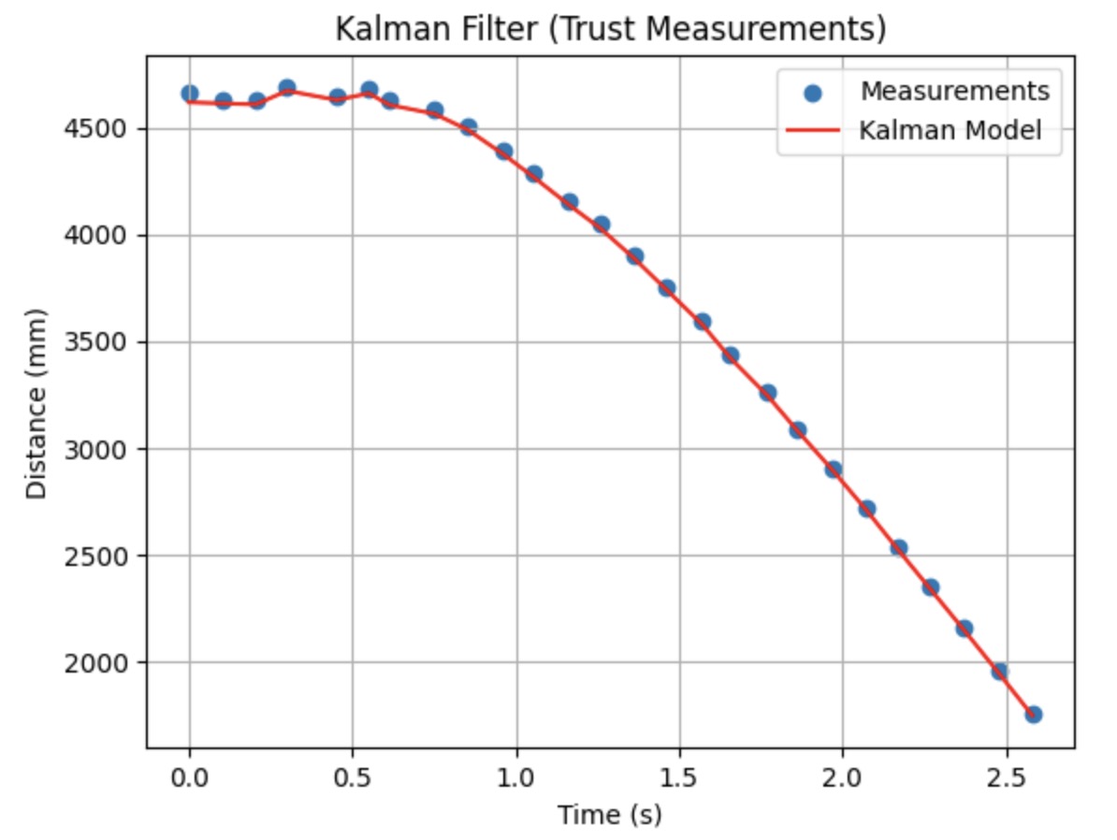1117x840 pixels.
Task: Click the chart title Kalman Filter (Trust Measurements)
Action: pos(610,30)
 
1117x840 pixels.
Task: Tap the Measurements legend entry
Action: pos(954,92)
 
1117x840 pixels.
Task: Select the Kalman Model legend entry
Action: pos(950,131)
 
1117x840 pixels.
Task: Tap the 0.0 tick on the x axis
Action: pos(190,779)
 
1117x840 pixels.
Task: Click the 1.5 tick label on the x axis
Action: pos(679,779)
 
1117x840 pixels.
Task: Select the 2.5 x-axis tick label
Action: pos(1006,779)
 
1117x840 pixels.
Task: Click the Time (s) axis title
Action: pos(610,816)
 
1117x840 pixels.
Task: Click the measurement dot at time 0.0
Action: pos(190,94)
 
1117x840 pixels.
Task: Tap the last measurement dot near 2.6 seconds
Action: pos(1033,715)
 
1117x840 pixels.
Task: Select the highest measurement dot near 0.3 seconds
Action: pos(287,88)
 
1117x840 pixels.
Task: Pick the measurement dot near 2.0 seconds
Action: pos(834,470)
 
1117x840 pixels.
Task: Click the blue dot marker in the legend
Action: pos(812,93)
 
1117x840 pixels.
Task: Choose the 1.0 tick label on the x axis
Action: pos(516,779)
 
